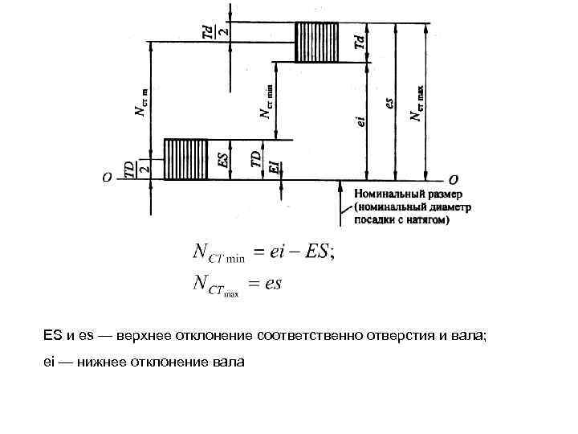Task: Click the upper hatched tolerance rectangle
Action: pos(319,43)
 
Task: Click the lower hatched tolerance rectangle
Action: pos(185,158)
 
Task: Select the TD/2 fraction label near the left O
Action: pos(133,167)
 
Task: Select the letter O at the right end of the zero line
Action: pos(454,178)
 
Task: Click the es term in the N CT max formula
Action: pos(271,283)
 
